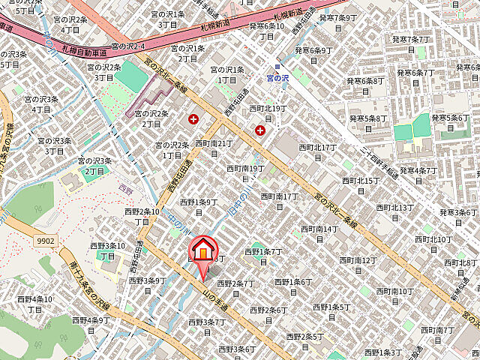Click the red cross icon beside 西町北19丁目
[x=260, y=130]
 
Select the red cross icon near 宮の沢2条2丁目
[x=195, y=118]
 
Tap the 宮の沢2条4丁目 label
[x=70, y=24]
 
